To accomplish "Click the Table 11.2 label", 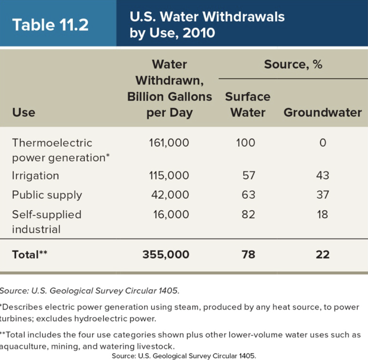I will [50, 24].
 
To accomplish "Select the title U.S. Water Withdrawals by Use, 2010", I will [207, 24].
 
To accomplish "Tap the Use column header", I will [23, 112].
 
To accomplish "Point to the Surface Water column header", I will [247, 104].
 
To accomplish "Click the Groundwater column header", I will [322, 112].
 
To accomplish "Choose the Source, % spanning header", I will [293, 64].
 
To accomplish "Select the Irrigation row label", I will [35, 176].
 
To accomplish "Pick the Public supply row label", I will [47, 195].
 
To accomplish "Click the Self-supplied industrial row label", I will [46, 222].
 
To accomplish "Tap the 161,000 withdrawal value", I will [169, 143].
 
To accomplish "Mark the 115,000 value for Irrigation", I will [169, 176].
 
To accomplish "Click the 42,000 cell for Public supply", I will [170, 195].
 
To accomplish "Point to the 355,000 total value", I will [166, 254].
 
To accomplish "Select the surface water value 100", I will [246, 143].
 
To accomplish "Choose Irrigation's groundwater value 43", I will [322, 176].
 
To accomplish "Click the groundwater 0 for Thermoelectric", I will [322, 143].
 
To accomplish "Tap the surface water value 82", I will [248, 214].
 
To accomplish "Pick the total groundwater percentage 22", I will [322, 254].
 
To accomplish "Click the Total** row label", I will [29, 254].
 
